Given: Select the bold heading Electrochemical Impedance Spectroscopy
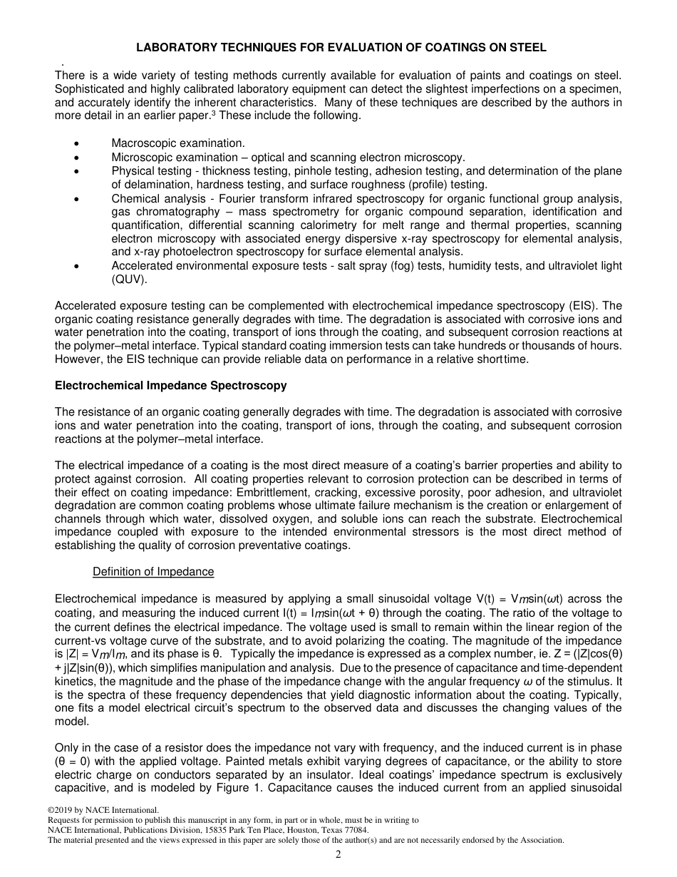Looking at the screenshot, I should pos(171,386).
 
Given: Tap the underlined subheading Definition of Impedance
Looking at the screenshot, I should pos(153,572).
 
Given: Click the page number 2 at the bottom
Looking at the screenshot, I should pos(338,855).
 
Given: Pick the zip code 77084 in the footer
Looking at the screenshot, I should pos(356,830).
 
